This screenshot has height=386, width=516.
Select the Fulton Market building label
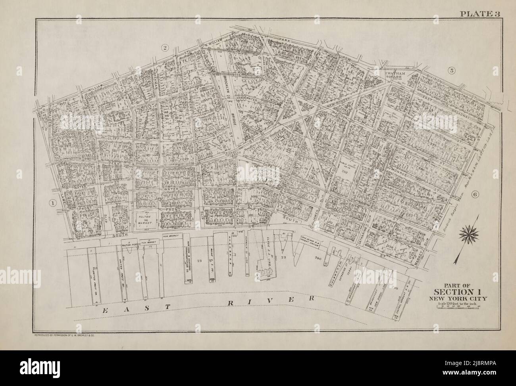click(145, 218)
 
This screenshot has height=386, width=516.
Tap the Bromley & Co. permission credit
click(64, 335)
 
